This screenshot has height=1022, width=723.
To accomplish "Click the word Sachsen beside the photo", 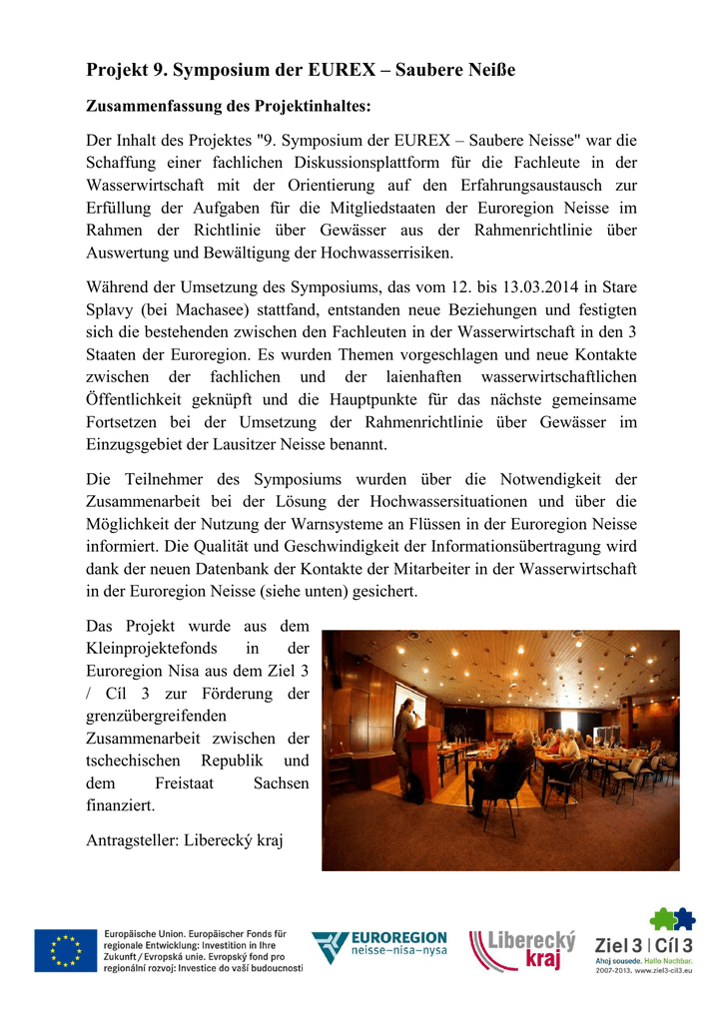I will coord(281,783).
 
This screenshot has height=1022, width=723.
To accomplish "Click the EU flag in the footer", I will coord(66,950).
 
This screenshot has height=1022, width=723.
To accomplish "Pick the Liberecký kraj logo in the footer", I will coord(524,950).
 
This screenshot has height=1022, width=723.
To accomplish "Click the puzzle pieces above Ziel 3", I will coord(672,918).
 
